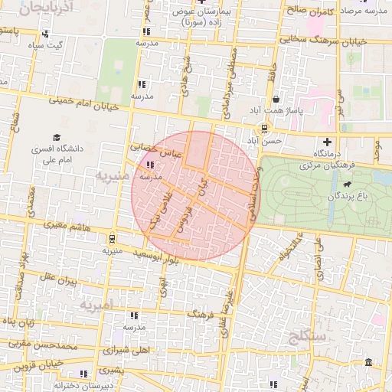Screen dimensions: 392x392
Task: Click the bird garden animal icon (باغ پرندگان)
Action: pyautogui.click(x=348, y=185)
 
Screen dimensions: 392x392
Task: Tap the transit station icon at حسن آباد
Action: pyautogui.click(x=264, y=128)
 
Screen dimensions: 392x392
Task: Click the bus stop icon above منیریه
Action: pyautogui.click(x=113, y=237)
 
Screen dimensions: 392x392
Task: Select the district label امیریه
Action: pyautogui.click(x=96, y=304)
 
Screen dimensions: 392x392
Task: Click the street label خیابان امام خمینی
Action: pyautogui.click(x=84, y=103)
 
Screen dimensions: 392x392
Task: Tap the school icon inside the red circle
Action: pyautogui.click(x=149, y=165)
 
